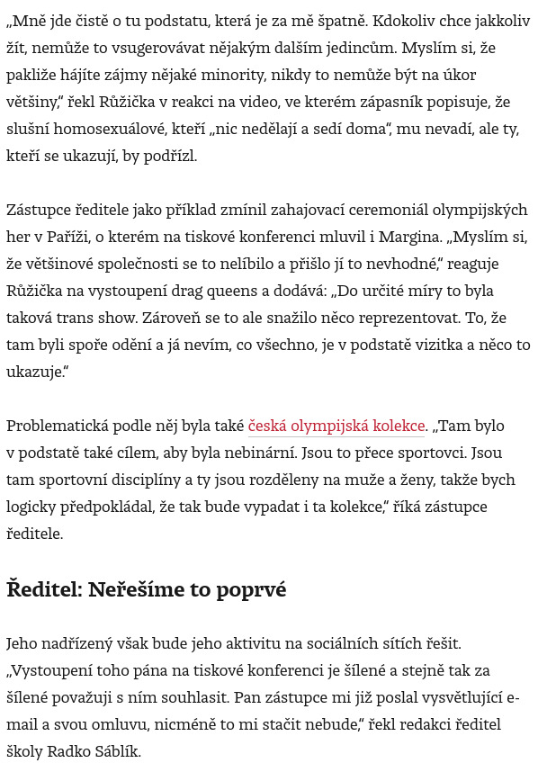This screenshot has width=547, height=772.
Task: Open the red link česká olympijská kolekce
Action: [x=336, y=426]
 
